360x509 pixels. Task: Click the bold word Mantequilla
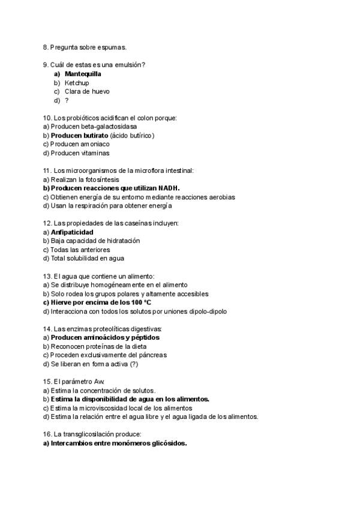point(83,74)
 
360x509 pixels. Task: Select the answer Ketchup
point(77,83)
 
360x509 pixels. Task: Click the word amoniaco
point(94,144)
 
